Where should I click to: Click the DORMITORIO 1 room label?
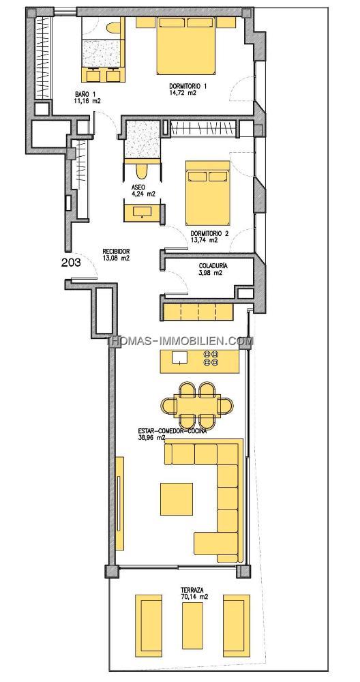point(187,86)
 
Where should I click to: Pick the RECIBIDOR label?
point(117,252)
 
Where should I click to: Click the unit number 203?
point(72,263)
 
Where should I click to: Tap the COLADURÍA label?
point(213,266)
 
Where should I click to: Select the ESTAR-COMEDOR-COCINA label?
point(172,432)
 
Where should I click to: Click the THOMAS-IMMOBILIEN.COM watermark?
point(180,342)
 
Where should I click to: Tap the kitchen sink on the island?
point(179,357)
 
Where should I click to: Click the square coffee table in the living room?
point(177,499)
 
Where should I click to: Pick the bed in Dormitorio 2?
point(208,193)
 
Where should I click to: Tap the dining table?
point(198,405)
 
